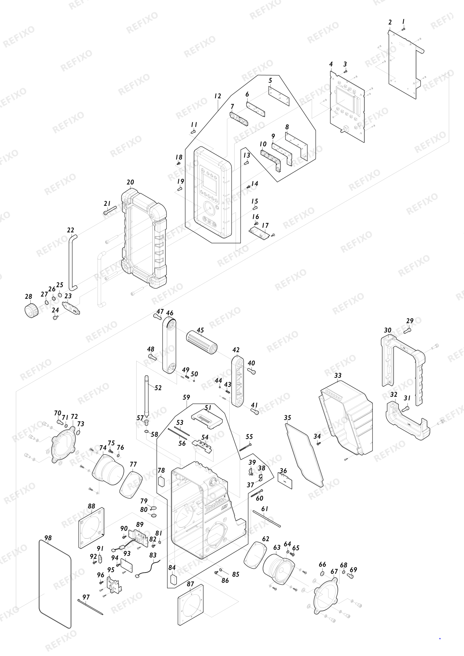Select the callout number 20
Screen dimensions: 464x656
coord(130,182)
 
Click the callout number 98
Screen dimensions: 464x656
coord(48,538)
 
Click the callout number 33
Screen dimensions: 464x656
coord(338,376)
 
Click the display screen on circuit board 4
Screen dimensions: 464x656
coord(346,99)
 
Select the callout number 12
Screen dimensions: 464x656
coord(217,96)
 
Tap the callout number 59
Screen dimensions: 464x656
coord(186,397)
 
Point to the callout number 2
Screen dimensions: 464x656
coord(390,22)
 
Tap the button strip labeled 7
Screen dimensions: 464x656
coord(239,119)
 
